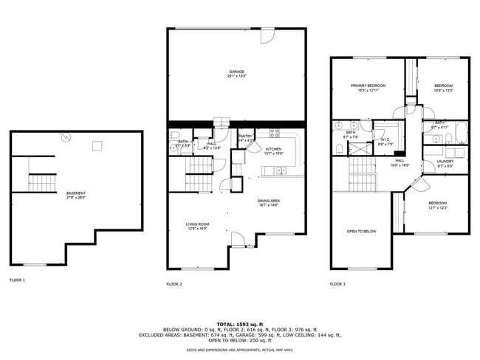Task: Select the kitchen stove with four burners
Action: (x=273, y=134)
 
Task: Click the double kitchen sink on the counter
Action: (x=275, y=171)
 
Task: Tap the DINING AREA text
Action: (x=269, y=202)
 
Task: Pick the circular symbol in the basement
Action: (x=65, y=136)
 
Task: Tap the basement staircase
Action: (x=42, y=181)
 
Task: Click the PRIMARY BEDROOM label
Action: (x=367, y=87)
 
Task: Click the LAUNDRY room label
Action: (x=445, y=162)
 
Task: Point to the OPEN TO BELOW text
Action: (x=362, y=231)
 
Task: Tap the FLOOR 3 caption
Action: (x=337, y=284)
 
